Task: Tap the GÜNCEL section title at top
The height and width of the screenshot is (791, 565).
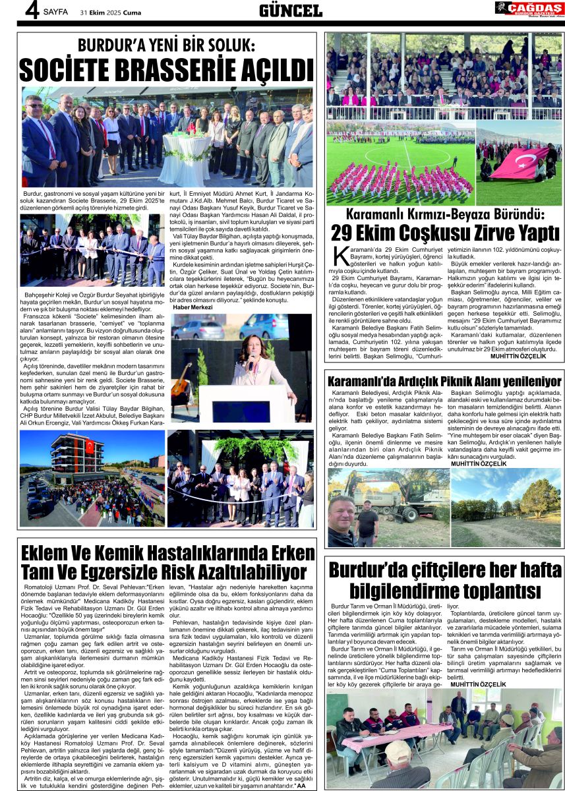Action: (x=290, y=10)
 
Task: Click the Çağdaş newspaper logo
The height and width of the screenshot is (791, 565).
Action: (x=529, y=9)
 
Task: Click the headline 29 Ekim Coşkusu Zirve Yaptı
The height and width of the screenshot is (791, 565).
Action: (x=445, y=233)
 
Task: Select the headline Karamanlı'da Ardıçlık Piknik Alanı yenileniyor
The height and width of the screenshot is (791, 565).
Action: (x=444, y=380)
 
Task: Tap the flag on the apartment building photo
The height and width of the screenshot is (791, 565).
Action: (x=89, y=446)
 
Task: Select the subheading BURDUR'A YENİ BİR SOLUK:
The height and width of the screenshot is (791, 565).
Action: (x=166, y=45)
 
